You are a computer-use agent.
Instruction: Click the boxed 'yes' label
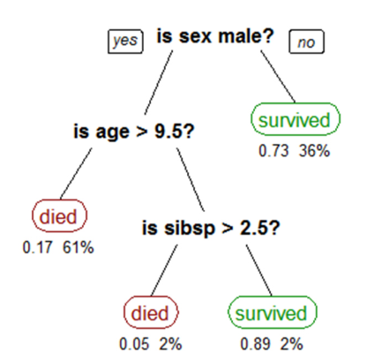tap(125, 41)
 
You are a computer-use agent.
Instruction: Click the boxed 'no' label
tap(307, 41)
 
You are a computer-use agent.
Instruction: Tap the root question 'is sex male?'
tap(215, 36)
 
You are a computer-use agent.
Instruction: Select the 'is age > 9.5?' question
tap(134, 131)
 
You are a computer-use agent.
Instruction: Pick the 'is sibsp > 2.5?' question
tap(211, 228)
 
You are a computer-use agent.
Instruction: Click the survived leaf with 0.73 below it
tap(296, 119)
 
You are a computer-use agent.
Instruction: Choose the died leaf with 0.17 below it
tap(59, 215)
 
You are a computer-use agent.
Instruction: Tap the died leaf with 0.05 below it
tap(151, 312)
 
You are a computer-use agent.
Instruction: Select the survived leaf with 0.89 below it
tap(273, 312)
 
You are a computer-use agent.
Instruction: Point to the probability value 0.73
tap(273, 151)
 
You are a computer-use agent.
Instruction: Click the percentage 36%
tap(314, 151)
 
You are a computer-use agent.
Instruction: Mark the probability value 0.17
tap(38, 247)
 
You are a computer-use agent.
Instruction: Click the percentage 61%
tap(79, 247)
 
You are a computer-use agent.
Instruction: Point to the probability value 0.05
tap(134, 344)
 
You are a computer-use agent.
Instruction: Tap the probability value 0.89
tap(255, 344)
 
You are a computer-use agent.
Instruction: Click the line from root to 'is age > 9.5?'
tap(159, 83)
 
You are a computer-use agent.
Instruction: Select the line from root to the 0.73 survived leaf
tap(278, 77)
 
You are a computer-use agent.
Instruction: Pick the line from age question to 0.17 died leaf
tap(76, 174)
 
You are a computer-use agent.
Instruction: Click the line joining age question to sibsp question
tap(191, 179)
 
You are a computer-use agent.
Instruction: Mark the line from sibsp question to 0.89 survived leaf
tap(258, 270)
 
